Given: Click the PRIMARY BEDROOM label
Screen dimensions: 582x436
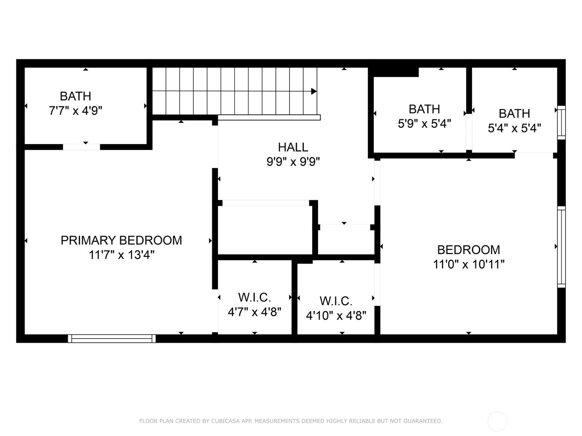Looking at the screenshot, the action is click(121, 241).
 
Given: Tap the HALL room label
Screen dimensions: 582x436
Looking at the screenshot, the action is click(293, 147).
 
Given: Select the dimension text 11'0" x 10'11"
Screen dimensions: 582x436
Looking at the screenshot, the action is click(469, 264).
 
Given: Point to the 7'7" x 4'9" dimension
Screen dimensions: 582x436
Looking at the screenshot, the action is click(76, 110).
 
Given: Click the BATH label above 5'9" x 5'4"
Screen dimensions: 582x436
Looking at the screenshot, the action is click(424, 109).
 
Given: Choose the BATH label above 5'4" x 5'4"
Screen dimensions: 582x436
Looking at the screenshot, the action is click(514, 114).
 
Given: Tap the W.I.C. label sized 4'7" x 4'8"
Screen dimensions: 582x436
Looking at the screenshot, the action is click(254, 298).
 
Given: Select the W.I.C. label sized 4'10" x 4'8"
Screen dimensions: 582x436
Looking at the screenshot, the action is click(336, 301).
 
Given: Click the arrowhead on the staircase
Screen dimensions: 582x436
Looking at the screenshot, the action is click(314, 91).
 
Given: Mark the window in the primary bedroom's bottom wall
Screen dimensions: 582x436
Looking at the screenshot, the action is click(112, 339).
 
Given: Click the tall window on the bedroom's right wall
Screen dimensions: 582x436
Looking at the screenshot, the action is click(561, 247).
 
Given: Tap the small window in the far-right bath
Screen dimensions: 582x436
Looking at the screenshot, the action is click(561, 122).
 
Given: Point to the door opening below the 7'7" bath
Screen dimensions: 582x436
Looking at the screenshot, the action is click(81, 147).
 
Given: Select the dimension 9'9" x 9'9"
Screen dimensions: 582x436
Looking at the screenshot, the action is click(293, 161).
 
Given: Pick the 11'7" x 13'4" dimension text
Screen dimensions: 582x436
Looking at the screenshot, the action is click(121, 255).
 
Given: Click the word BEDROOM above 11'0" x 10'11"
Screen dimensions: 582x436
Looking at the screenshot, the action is click(469, 250).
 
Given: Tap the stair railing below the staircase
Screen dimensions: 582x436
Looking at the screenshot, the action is click(269, 117).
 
